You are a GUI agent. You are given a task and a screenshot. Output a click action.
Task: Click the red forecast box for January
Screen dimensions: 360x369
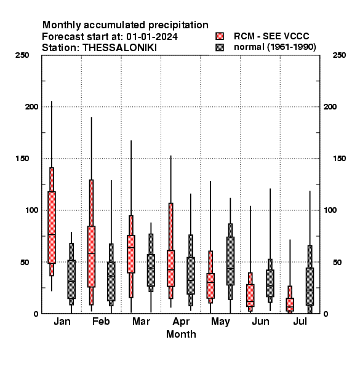(52, 228)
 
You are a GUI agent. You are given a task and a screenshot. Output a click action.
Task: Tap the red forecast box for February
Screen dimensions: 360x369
(91, 256)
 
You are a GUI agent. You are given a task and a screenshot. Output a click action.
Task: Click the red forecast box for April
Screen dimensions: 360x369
(170, 268)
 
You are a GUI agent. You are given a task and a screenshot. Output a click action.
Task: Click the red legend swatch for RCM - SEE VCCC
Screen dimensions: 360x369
(220, 36)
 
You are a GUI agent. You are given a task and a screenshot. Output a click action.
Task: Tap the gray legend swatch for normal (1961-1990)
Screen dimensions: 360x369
(220, 47)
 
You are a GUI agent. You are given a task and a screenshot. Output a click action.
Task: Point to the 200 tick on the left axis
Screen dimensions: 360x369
(31, 107)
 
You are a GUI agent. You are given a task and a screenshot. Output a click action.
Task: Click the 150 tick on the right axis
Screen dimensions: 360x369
(339, 159)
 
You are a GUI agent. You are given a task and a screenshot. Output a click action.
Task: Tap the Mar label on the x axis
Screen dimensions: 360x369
(141, 321)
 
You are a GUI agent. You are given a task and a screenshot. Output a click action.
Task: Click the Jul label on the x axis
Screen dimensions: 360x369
(300, 321)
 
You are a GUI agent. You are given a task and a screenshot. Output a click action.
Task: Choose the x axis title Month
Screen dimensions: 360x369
(181, 334)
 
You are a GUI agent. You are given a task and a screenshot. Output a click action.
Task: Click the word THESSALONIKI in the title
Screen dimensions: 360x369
(119, 48)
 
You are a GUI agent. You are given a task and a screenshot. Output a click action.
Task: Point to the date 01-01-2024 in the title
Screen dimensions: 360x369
(152, 37)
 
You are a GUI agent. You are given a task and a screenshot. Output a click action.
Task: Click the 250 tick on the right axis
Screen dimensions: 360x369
(339, 55)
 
